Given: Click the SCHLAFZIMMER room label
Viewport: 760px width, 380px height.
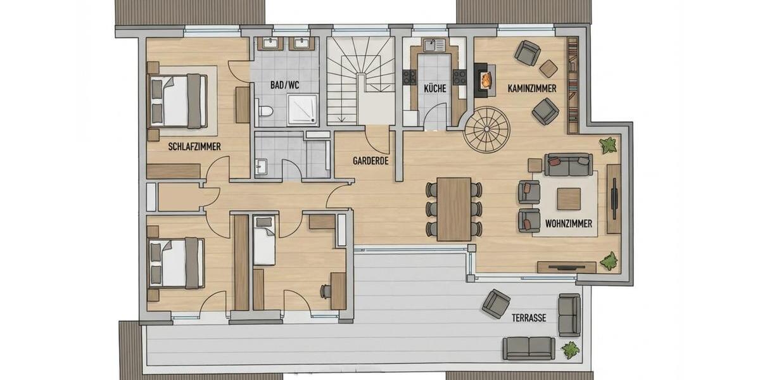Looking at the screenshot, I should (x=194, y=146).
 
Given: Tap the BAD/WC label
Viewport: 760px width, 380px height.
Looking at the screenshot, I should (x=284, y=84).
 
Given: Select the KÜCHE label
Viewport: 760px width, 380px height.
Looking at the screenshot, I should (x=435, y=89).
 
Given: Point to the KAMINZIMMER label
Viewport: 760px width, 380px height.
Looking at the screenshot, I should (x=532, y=89).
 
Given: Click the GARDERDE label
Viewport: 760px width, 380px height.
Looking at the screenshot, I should (x=370, y=161).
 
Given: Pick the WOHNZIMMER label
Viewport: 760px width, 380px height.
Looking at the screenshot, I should (x=569, y=224).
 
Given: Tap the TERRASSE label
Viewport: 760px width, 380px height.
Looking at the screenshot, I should (x=529, y=318).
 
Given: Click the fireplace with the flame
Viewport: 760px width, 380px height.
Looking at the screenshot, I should (x=485, y=80).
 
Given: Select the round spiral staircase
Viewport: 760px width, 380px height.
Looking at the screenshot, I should (x=486, y=129).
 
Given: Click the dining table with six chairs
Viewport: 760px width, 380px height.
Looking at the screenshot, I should (x=453, y=208).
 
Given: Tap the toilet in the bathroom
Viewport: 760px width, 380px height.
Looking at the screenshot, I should (x=265, y=111).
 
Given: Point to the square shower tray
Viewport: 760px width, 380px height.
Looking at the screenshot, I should (x=303, y=110).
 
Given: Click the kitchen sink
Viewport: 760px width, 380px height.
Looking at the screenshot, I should (x=434, y=45).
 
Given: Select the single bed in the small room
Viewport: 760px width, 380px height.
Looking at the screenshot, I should (x=264, y=240).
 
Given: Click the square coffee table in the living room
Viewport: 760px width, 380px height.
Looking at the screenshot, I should (x=568, y=199).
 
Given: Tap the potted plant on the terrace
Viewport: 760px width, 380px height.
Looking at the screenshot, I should (x=570, y=349).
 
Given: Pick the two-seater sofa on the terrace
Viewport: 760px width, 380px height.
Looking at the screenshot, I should (x=528, y=348).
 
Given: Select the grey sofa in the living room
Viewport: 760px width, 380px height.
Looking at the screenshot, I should (x=568, y=165).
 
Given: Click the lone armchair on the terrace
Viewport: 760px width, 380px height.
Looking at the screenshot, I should (x=495, y=303).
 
